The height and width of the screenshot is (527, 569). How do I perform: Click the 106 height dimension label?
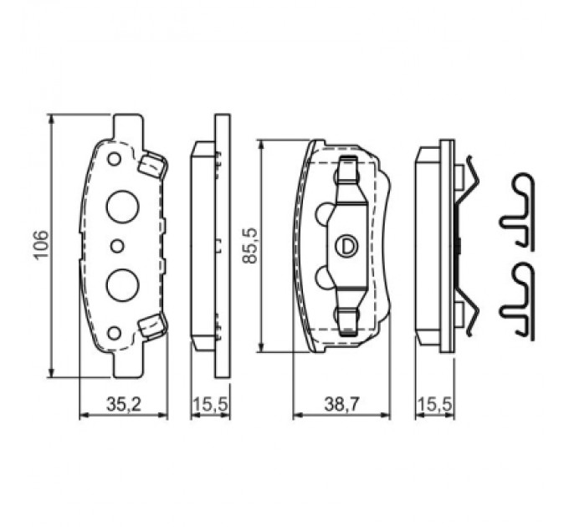(x=41, y=245)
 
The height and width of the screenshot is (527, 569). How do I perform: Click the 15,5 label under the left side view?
(x=211, y=404)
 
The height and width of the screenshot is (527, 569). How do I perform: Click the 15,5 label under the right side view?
(x=435, y=404)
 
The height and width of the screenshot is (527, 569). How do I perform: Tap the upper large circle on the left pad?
(x=122, y=204)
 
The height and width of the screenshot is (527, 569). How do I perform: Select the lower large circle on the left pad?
(x=122, y=284)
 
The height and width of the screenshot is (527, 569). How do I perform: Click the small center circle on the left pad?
(x=117, y=244)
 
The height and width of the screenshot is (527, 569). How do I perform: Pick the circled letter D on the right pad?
(x=347, y=245)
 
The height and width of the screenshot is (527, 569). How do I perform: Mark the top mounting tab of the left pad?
(x=126, y=125)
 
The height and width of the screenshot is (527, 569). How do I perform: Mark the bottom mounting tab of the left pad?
(x=126, y=364)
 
